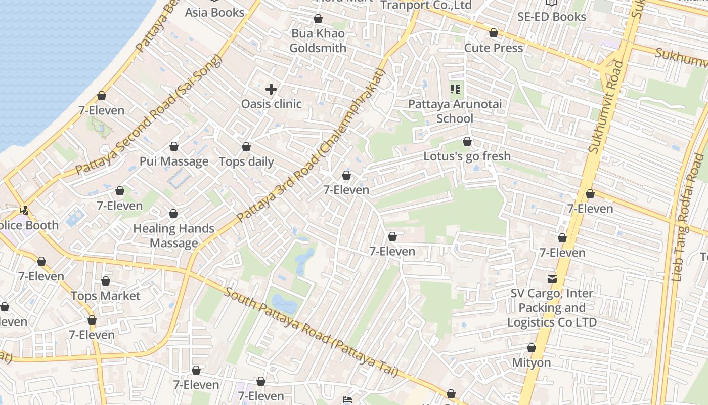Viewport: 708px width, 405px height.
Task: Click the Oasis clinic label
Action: (x=271, y=104)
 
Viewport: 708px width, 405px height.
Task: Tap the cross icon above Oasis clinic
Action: (x=271, y=90)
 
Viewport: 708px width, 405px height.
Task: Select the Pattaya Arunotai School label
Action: (x=455, y=111)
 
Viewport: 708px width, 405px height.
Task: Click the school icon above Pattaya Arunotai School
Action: (x=455, y=90)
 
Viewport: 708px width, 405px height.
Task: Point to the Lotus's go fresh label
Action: (x=467, y=156)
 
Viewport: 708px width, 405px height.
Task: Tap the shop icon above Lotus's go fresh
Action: (x=467, y=141)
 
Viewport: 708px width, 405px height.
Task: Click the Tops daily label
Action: (x=246, y=161)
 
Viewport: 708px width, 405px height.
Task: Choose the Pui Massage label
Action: (x=174, y=161)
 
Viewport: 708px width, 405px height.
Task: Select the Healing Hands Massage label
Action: (x=173, y=235)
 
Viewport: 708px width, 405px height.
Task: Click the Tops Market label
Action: (x=105, y=296)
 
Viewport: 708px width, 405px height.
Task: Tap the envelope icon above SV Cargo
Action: (x=552, y=278)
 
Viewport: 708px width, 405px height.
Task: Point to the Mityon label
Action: (x=532, y=362)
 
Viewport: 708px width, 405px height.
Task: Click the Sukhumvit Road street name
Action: (x=606, y=107)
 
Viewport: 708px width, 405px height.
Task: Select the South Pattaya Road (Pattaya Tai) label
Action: (x=311, y=332)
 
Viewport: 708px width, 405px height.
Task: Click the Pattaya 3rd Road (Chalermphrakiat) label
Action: (x=311, y=145)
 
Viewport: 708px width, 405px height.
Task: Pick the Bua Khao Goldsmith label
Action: (x=318, y=40)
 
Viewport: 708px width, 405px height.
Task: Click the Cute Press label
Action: (x=493, y=48)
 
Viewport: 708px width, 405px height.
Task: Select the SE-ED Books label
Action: (x=551, y=16)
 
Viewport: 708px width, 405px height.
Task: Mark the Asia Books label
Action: (x=214, y=12)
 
